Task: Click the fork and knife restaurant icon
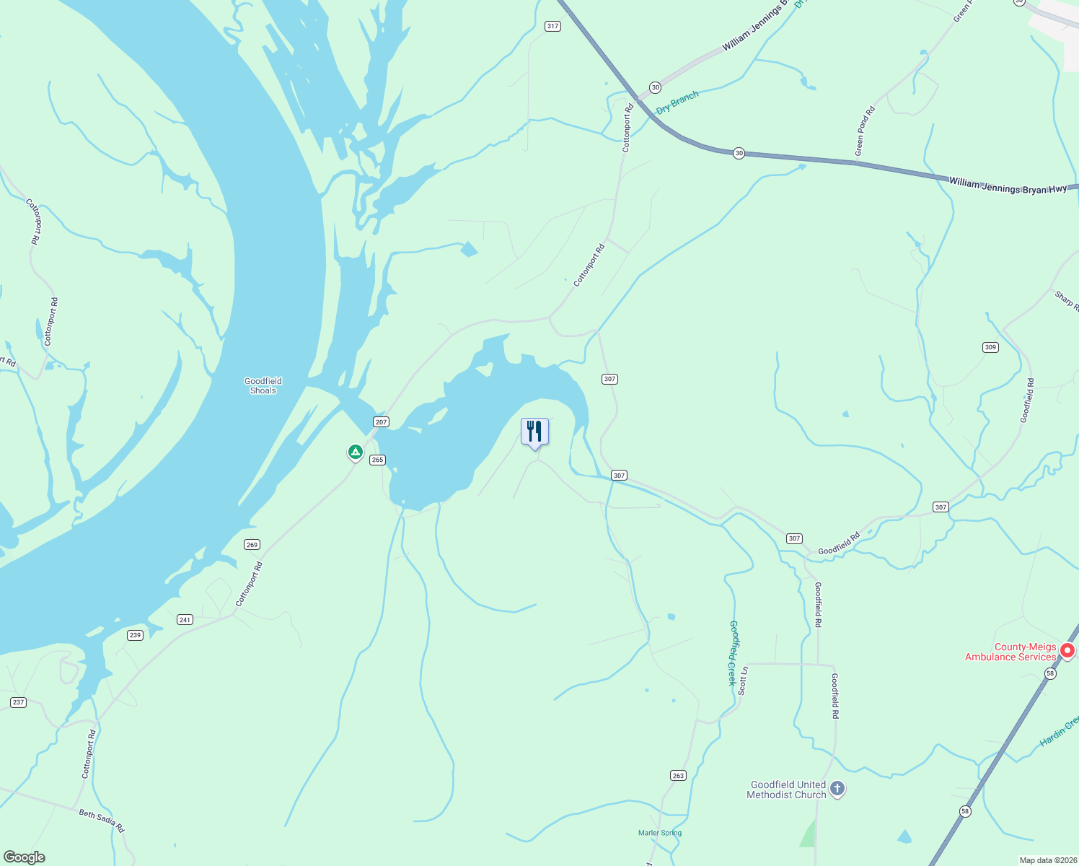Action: [x=534, y=432]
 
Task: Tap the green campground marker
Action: [x=355, y=452]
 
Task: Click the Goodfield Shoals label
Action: [x=263, y=386]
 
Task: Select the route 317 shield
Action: [x=552, y=26]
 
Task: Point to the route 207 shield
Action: [x=381, y=422]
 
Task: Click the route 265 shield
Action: [x=377, y=460]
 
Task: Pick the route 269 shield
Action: [x=252, y=545]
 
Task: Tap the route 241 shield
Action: [x=185, y=620]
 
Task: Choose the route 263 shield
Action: [x=678, y=776]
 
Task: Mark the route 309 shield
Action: [x=990, y=348]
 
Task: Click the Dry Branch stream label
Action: [x=677, y=102]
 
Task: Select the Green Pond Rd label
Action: [x=864, y=131]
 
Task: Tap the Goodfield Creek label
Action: [x=733, y=652]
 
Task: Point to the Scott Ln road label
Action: [x=743, y=681]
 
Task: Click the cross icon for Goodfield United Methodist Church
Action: [x=837, y=789]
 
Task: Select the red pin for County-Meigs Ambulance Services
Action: [x=1067, y=651]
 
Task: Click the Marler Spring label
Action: [x=660, y=833]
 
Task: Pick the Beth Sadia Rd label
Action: [x=102, y=821]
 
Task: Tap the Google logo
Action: [x=24, y=857]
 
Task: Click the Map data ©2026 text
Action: [x=1047, y=860]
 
